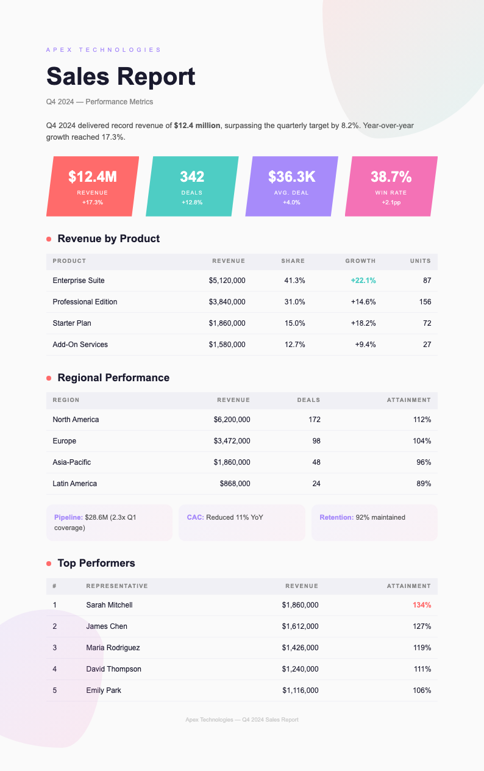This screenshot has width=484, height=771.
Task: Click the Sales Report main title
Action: [x=121, y=77]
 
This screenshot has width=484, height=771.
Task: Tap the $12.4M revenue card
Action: [x=93, y=185]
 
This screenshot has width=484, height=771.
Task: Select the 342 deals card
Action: [x=192, y=185]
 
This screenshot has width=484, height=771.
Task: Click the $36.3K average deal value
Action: [x=292, y=177]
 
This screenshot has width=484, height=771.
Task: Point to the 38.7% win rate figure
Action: [x=391, y=177]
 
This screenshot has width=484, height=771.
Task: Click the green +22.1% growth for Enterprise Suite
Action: [x=363, y=281]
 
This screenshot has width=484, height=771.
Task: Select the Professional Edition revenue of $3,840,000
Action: [x=227, y=302]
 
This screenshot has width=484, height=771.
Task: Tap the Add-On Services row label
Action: [x=80, y=345]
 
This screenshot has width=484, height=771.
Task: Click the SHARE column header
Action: [x=293, y=261]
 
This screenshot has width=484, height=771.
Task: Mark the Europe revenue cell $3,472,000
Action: [x=232, y=441]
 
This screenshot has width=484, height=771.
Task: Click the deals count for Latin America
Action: [x=316, y=484]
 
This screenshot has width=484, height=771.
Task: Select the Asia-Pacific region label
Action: [x=72, y=462]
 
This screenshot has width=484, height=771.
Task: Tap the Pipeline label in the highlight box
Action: [x=68, y=517]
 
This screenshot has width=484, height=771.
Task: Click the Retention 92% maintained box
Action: [x=374, y=522]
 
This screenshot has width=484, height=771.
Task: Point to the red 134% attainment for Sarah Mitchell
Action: [x=421, y=605]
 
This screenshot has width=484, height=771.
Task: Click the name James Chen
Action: [x=107, y=626]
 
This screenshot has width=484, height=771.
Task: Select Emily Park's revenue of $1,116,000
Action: [x=300, y=690]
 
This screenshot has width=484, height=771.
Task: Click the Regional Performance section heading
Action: [x=113, y=378]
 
